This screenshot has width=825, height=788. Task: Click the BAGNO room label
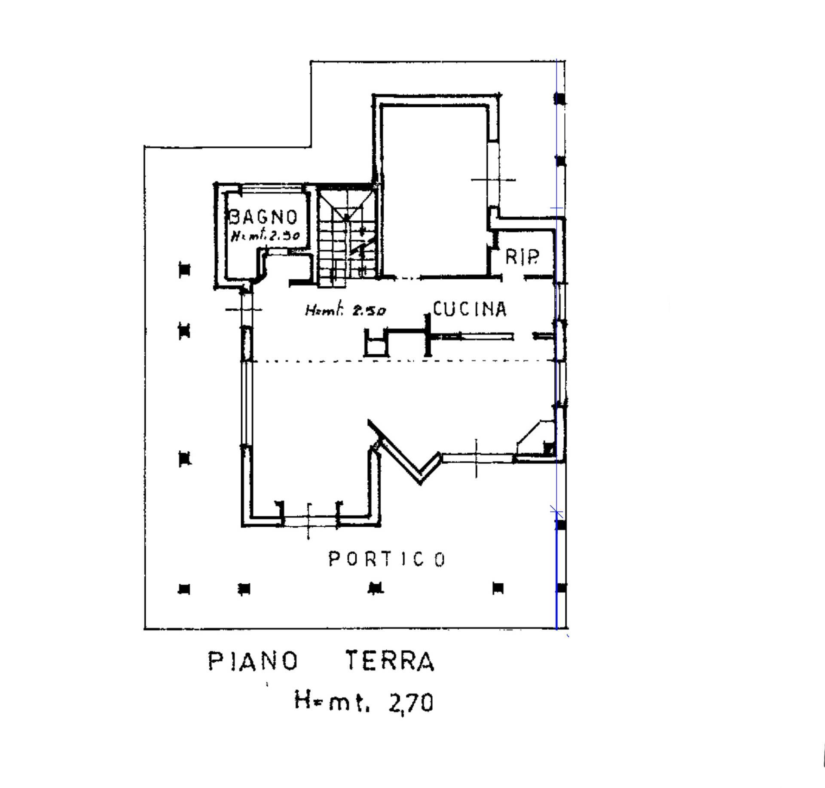263,217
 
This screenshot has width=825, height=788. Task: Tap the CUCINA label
470,309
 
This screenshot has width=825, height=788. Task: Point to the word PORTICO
387,559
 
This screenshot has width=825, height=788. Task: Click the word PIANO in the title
253,661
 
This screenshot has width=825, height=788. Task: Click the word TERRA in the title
390,661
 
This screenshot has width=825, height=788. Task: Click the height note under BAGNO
265,236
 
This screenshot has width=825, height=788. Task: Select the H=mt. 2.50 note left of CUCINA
345,310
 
